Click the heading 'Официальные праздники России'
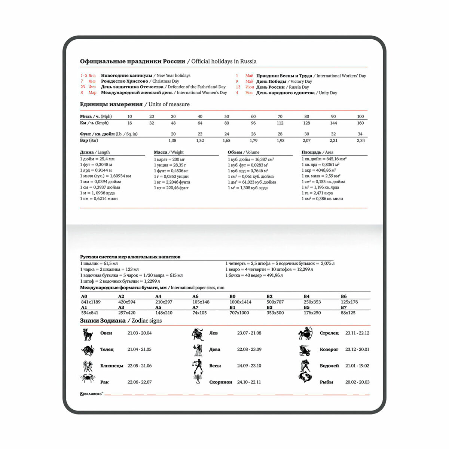(132, 61)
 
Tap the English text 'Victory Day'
(301, 82)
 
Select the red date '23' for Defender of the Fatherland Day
(83, 87)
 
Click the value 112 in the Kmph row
(280, 123)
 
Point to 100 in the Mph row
(360, 117)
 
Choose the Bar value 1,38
(172, 141)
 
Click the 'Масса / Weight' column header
(169, 152)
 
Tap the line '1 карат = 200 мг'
(169, 159)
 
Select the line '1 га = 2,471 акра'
(317, 193)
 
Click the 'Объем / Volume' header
(243, 152)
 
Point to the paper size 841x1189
(91, 302)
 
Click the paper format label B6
(343, 296)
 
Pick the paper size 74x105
(199, 313)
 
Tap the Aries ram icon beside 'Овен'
(88, 334)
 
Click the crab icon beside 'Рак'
(88, 378)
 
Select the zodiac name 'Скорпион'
(221, 382)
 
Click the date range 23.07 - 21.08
(249, 333)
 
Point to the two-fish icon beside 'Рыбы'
(305, 377)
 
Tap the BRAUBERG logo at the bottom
(91, 394)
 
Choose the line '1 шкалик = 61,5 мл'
(99, 263)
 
